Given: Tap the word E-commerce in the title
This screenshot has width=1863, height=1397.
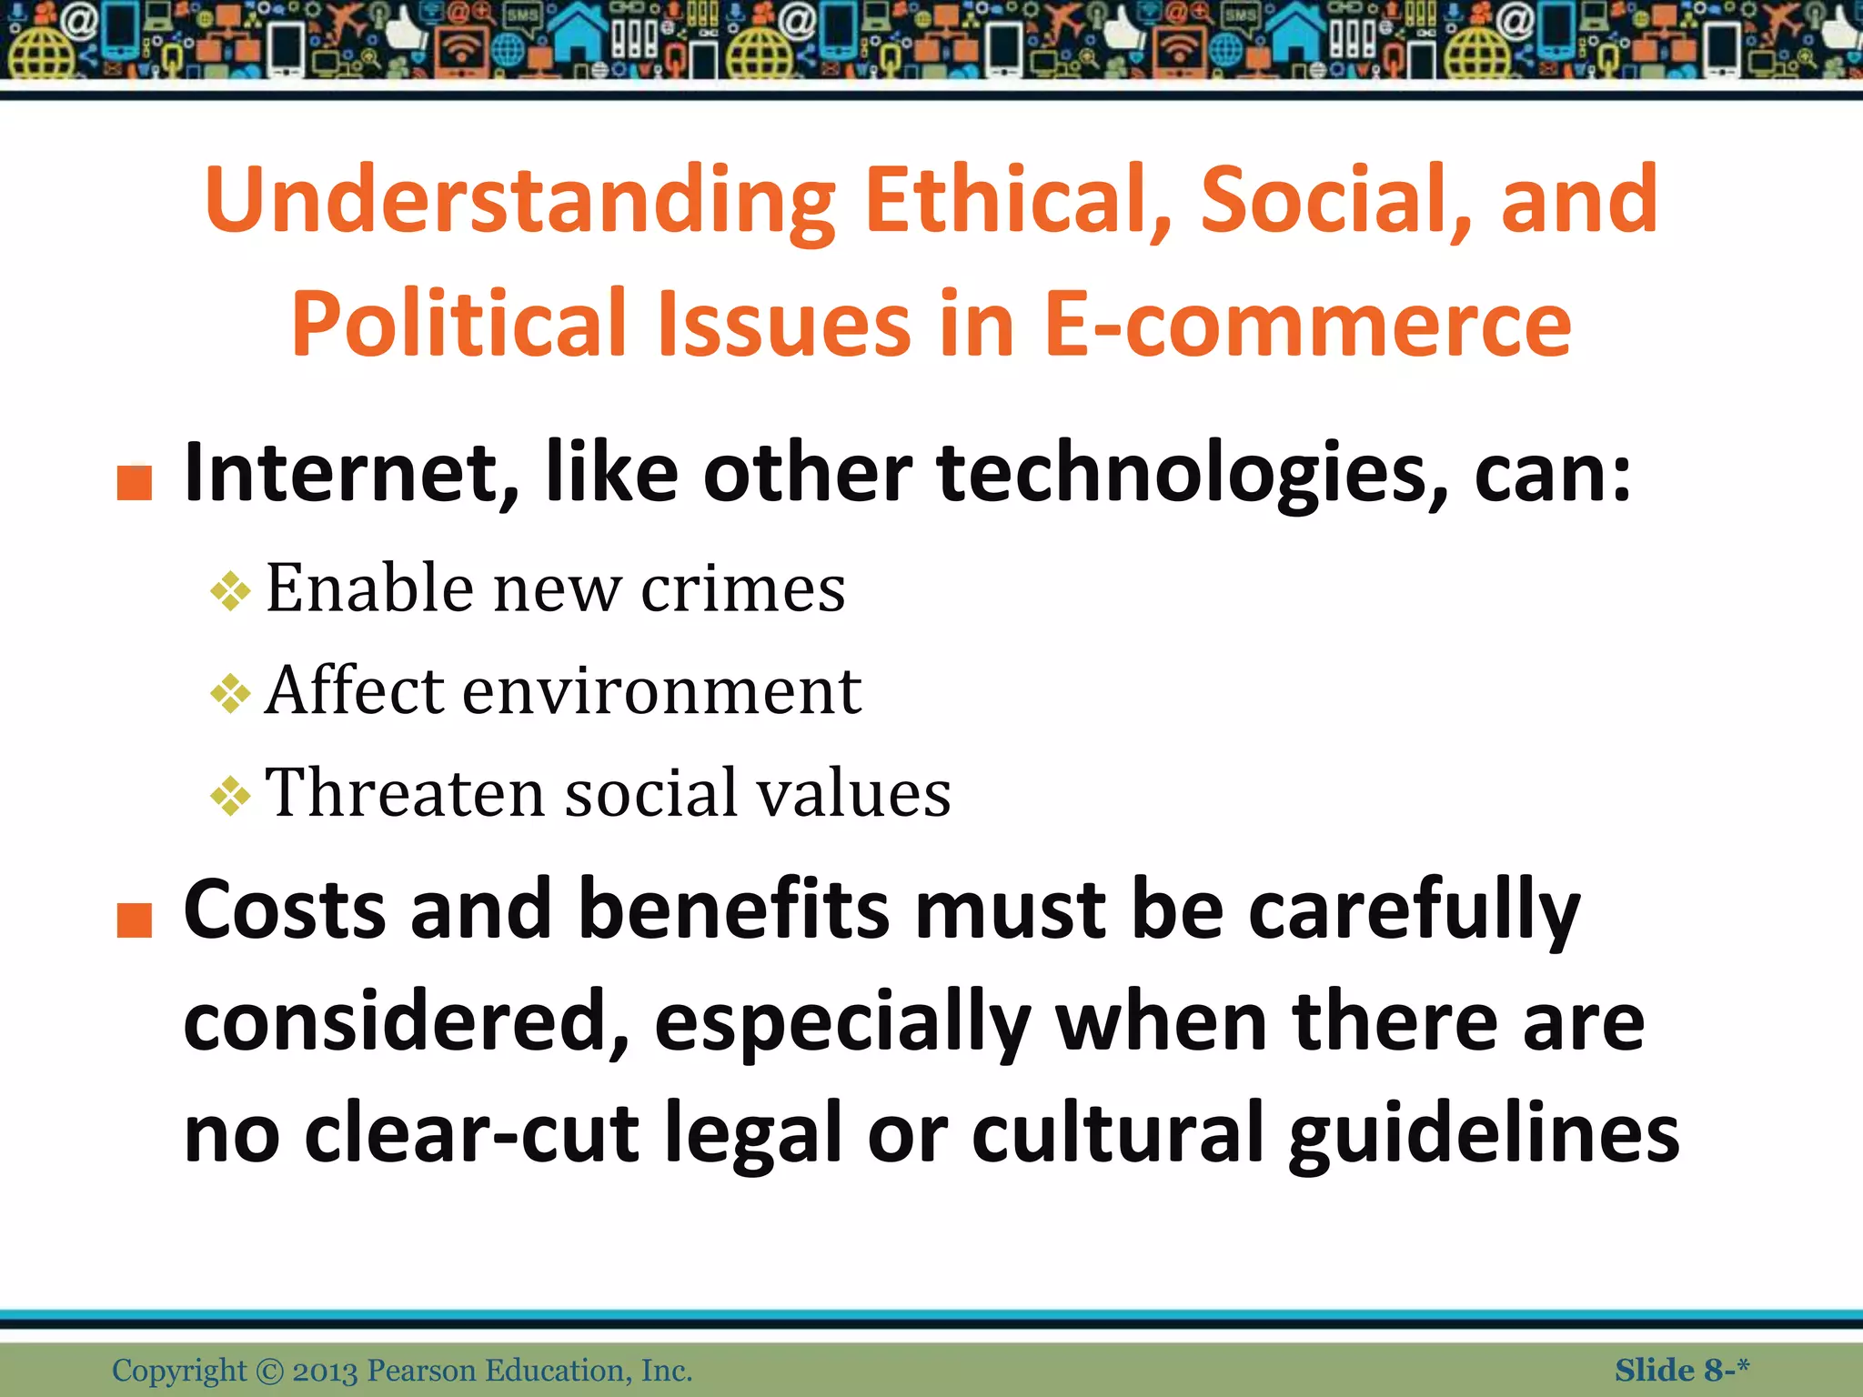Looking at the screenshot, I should click(1307, 324).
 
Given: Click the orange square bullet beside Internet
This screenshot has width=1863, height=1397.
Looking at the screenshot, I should click(135, 483).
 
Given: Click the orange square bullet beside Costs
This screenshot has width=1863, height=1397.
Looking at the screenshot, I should click(135, 920).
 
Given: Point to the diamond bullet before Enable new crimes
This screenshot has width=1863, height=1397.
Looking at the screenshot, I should click(230, 591).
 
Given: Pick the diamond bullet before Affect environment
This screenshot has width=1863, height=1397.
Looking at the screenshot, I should click(230, 694).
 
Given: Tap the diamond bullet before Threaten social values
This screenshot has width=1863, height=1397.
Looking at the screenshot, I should click(230, 796).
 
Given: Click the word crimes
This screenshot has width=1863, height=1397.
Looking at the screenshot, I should click(743, 589).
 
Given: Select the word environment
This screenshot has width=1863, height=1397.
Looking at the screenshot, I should click(662, 691).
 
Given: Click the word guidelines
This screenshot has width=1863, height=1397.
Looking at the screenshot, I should click(1484, 1133).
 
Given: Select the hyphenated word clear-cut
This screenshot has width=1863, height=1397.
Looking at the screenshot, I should click(471, 1133).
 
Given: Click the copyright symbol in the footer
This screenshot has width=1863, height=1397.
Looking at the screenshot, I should click(270, 1371).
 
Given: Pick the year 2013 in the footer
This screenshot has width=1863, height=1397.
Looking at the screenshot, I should click(325, 1371).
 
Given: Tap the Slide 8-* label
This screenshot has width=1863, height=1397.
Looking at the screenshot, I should click(1682, 1370).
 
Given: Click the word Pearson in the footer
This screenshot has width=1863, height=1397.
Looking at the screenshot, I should click(421, 1371).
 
